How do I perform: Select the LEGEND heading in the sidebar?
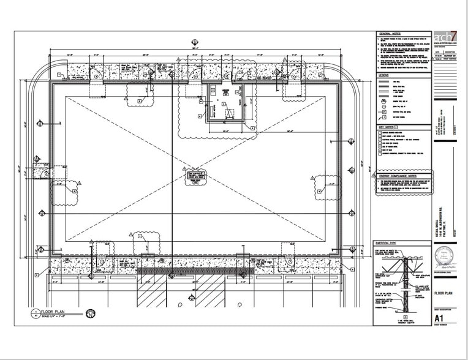(384, 75)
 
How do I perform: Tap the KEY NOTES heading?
(388, 127)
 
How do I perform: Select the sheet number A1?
(439, 318)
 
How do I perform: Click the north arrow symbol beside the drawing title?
(91, 314)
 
